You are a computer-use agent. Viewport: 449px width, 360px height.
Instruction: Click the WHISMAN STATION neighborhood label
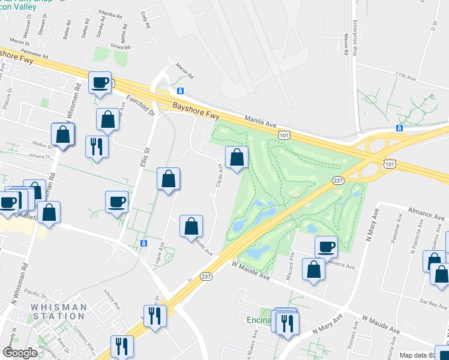tap(59, 311)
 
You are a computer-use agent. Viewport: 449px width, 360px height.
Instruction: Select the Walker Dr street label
tap(43, 144)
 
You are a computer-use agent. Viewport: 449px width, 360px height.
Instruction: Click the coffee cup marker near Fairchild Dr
tap(100, 82)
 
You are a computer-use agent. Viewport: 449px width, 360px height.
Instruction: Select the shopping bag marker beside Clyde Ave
tap(237, 157)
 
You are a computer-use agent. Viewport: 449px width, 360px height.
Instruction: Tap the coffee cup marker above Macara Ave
tap(326, 245)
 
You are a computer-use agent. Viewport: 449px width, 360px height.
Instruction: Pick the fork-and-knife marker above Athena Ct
tap(96, 146)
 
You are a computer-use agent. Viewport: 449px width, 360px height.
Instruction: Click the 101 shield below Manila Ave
tap(283, 136)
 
